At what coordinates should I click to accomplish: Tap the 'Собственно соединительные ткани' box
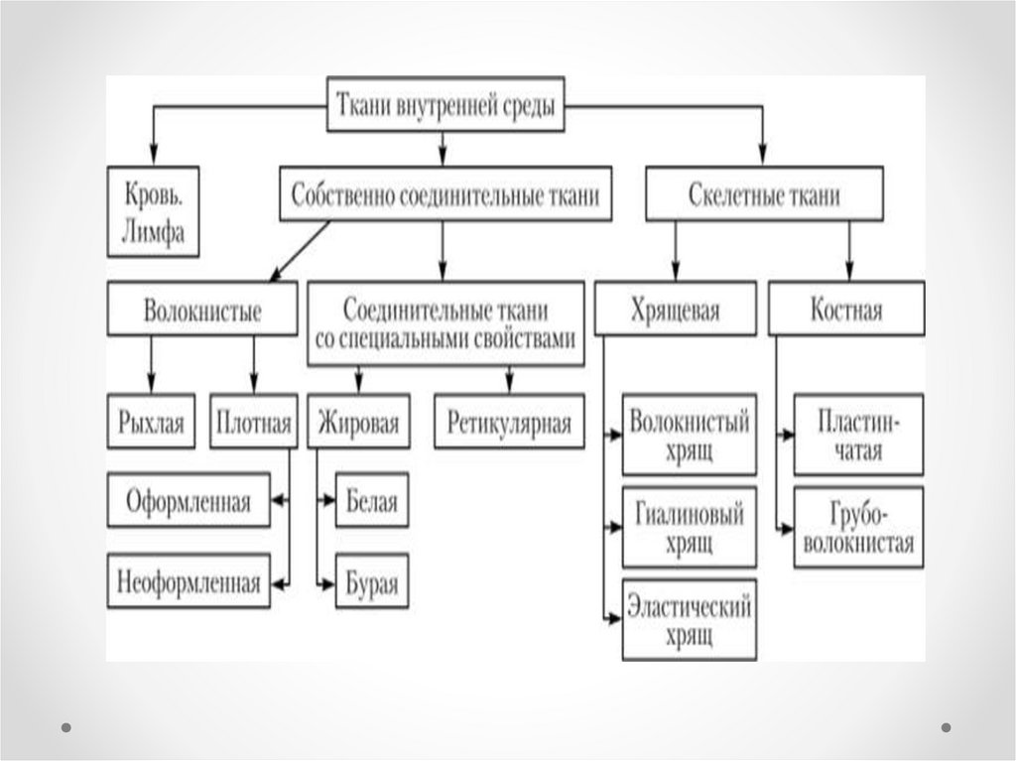click(444, 195)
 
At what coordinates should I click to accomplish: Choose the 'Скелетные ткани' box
click(763, 195)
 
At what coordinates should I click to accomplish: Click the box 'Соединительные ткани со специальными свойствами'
click(445, 324)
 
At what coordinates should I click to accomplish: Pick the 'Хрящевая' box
click(674, 310)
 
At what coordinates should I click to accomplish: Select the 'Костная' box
click(845, 310)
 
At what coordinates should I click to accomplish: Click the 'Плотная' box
click(253, 424)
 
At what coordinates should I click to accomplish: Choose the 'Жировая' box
click(359, 424)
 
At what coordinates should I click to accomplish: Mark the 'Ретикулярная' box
click(509, 424)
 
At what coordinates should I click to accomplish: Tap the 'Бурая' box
click(372, 582)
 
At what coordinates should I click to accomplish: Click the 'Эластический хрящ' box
click(689, 620)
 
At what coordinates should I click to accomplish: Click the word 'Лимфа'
click(153, 236)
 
